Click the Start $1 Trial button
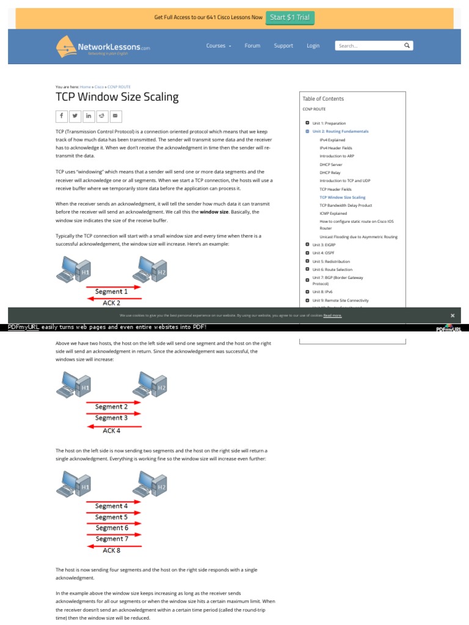click(x=290, y=17)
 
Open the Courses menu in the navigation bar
click(x=218, y=46)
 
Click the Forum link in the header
click(x=252, y=46)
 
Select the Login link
click(x=313, y=46)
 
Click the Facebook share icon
click(x=62, y=115)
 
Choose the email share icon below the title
click(x=115, y=115)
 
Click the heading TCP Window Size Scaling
click(x=117, y=97)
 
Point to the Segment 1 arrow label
click(x=112, y=292)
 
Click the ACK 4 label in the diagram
click(x=111, y=430)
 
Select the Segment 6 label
click(x=112, y=528)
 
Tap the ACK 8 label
click(x=111, y=550)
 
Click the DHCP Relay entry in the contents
click(x=330, y=173)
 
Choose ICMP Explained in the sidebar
click(x=333, y=214)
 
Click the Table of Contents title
click(x=323, y=98)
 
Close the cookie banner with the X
click(x=453, y=316)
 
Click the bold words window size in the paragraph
click(x=214, y=212)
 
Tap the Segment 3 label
click(x=112, y=418)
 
